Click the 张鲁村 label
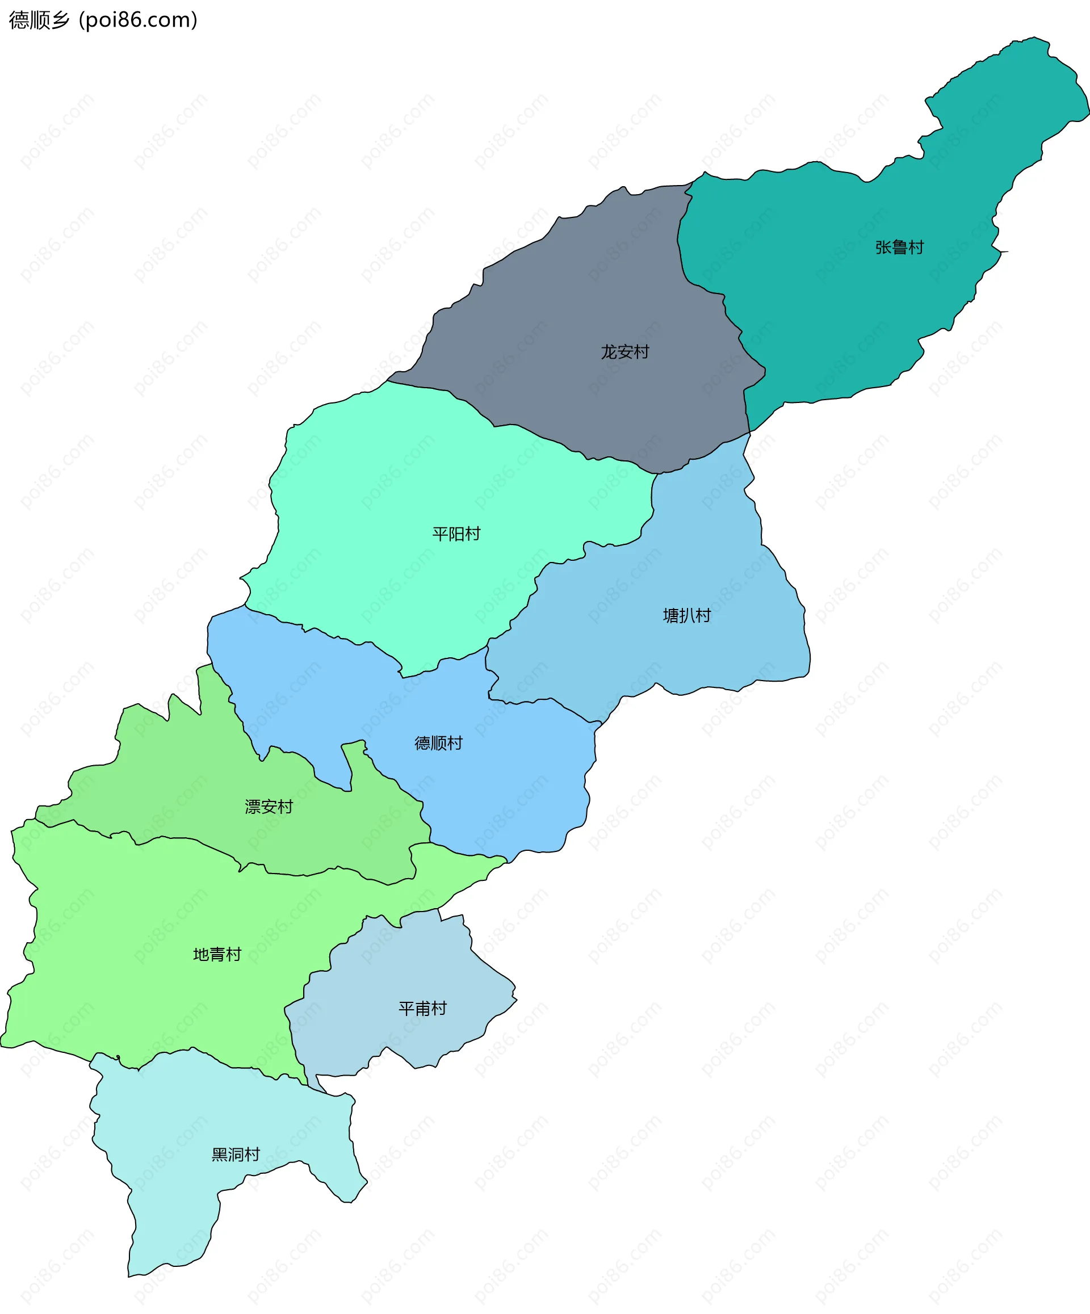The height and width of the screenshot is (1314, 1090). coord(899,248)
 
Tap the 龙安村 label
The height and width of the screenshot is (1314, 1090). coord(624,352)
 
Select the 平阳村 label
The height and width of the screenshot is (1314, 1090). coord(456,534)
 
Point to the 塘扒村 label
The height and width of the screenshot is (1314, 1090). coord(686,616)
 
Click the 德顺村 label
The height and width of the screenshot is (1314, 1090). coord(438,744)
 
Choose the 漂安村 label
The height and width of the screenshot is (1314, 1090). coord(269,807)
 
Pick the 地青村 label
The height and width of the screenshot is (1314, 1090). coord(216,954)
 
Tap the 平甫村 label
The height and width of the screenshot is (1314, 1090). coord(422,1009)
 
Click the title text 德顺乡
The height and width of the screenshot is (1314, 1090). coord(39,20)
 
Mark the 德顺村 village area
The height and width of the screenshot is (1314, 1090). coord(513,782)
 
